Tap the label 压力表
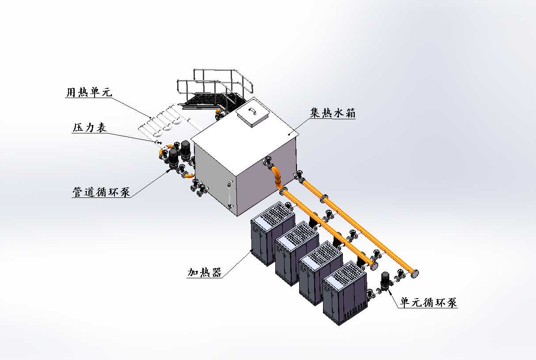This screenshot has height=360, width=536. (x=89, y=128)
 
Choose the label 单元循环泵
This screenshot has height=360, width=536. (x=429, y=303)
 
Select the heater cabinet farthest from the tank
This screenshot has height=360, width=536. (x=345, y=294)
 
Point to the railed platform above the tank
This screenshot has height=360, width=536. (x=217, y=91)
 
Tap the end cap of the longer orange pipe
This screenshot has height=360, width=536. (x=415, y=273)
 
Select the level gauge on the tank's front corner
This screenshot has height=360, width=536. (x=229, y=195)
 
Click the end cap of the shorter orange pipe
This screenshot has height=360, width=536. (x=375, y=266)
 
